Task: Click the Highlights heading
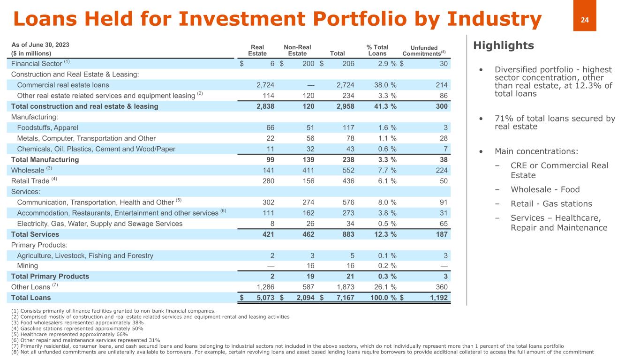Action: coord(503,45)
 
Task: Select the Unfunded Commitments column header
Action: coord(424,51)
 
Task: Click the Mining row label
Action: coord(27,266)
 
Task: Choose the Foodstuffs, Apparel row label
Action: coord(47,127)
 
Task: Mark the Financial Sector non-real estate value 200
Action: coord(308,64)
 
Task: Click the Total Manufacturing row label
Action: coord(45,159)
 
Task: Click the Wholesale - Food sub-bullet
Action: coord(545,189)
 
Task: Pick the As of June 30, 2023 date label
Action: coord(40,45)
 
